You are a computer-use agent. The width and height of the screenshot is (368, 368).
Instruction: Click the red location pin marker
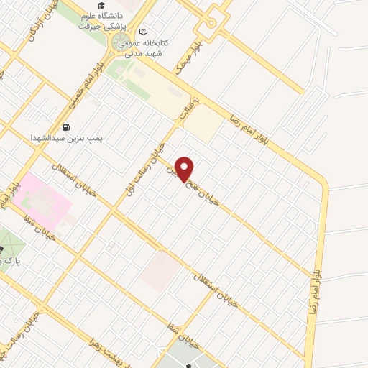pos(185,169)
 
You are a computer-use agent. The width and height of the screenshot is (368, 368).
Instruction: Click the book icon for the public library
pos(144,32)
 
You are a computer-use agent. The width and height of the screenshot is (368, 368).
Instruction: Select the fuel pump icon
pos(67,128)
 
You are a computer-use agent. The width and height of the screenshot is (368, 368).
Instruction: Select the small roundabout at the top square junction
pos(209,22)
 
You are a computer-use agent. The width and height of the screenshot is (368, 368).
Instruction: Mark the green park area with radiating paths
pos(9,244)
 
